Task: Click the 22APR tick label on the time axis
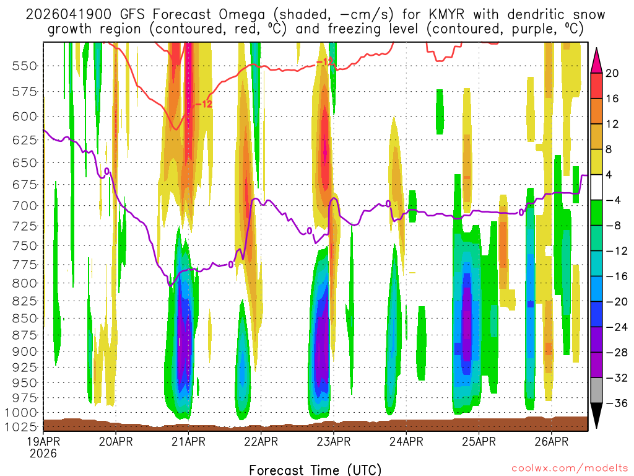[261, 441]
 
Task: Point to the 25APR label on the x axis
[479, 441]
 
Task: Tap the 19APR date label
[43, 441]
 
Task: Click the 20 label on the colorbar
[612, 73]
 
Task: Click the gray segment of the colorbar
[596, 390]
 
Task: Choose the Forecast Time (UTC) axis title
[315, 469]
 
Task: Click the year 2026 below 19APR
[43, 453]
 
